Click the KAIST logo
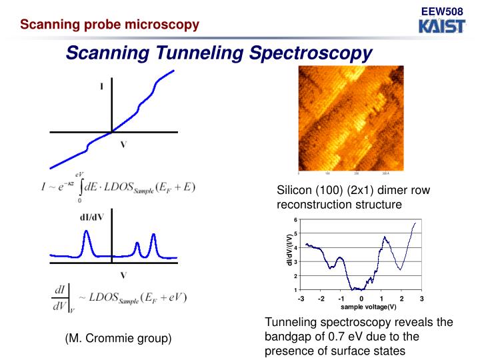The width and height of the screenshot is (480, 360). (442, 26)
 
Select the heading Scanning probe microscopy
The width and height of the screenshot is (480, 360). (109, 25)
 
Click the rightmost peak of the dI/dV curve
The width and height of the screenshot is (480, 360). (154, 237)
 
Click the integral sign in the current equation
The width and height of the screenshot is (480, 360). (80, 186)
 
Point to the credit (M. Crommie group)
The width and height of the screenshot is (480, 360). (118, 339)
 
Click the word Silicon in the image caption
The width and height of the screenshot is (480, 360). (295, 191)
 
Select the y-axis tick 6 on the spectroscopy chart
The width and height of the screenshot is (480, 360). (295, 220)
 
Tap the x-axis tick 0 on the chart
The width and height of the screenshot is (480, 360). (361, 299)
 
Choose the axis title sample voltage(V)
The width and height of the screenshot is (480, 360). (368, 307)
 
